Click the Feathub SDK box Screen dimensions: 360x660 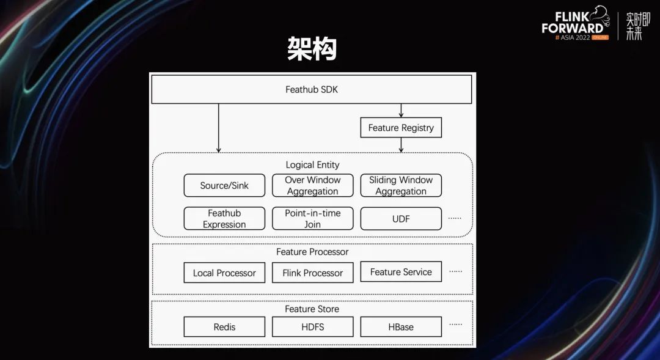coord(312,89)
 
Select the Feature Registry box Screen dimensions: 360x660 coord(401,128)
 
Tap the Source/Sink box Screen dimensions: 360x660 coord(224,186)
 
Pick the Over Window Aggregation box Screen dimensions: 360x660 coord(312,186)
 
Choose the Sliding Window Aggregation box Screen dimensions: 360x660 coord(401,186)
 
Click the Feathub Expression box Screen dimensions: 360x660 coord(224,219)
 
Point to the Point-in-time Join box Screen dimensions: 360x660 coord(312,219)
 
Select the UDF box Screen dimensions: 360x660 coord(401,219)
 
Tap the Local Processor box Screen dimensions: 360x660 coord(224,273)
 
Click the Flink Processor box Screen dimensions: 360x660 coord(312,273)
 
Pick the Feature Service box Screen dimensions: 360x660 coord(401,272)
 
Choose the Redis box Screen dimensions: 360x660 coord(224,327)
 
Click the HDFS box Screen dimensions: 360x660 coord(312,327)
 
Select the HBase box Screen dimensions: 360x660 coord(401,327)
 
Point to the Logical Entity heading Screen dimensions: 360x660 coord(312,165)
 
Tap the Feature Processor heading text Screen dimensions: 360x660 coord(312,252)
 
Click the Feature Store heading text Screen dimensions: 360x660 coord(312,309)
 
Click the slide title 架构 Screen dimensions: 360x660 coord(312,49)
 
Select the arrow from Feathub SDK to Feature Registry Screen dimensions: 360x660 coord(401,111)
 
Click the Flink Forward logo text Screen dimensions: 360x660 coord(573,22)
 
